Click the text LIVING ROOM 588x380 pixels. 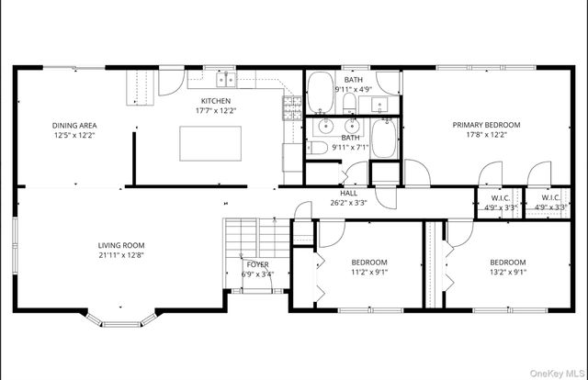click(122, 245)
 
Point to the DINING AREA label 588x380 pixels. click(74, 126)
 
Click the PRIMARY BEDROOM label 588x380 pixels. click(486, 125)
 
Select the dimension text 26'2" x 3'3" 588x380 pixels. click(349, 203)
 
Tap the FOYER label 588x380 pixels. click(257, 264)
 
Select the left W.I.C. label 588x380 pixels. click(500, 197)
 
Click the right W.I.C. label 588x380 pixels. click(551, 197)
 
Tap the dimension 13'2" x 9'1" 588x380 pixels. click(507, 272)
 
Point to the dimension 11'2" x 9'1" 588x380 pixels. click(369, 272)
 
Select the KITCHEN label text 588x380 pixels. click(217, 101)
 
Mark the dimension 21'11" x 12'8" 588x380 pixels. click(122, 255)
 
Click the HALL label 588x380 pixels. click(349, 193)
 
